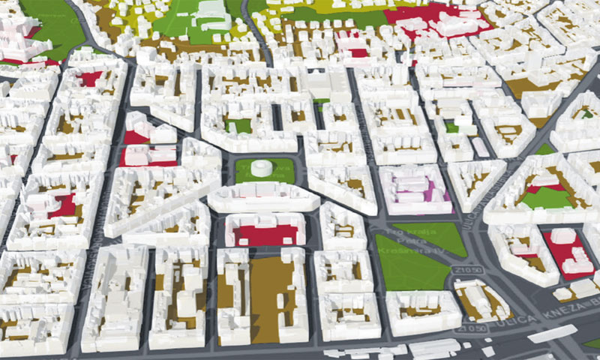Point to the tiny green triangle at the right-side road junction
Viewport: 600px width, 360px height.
pos(545,149)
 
